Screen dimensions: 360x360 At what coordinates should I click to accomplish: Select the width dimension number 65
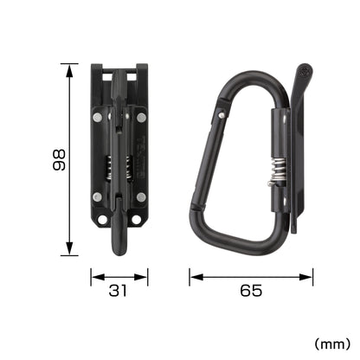click(252, 292)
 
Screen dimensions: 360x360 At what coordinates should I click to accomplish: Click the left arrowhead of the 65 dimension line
click(192, 278)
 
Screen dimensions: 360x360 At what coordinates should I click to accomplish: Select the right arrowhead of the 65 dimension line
click(312, 278)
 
